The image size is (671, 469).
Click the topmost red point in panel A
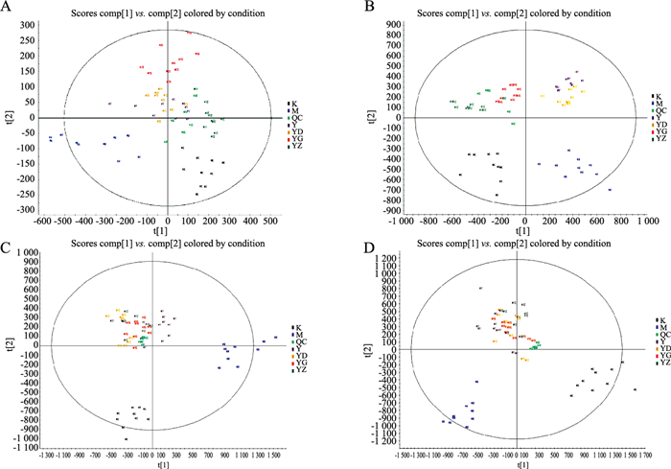pyautogui.click(x=189, y=33)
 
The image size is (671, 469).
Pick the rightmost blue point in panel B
pyautogui.click(x=609, y=190)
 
